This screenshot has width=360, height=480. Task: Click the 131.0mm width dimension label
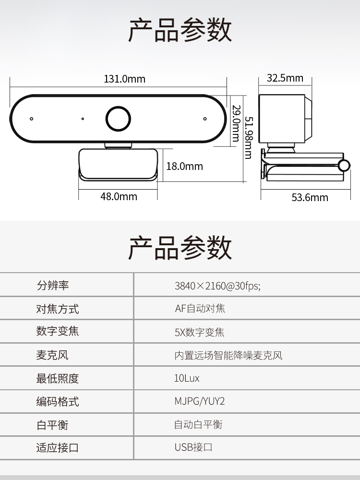click(x=125, y=79)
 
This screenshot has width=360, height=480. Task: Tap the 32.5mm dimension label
click(x=285, y=78)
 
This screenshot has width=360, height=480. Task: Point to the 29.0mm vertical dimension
click(x=236, y=123)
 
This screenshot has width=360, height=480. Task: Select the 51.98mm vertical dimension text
click(x=249, y=138)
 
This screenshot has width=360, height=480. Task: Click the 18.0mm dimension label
click(x=185, y=166)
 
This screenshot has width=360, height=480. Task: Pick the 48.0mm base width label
click(x=119, y=196)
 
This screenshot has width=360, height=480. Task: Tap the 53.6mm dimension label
click(x=310, y=197)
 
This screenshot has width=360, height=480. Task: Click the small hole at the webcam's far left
click(x=31, y=119)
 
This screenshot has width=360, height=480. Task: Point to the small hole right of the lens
click(x=205, y=119)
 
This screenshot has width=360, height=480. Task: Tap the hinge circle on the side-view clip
click(x=344, y=166)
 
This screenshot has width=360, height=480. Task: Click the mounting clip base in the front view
click(x=118, y=165)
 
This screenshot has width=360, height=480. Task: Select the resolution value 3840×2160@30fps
click(x=217, y=286)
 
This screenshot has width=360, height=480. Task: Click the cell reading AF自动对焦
click(x=200, y=308)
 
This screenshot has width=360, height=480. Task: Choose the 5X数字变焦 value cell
click(x=199, y=332)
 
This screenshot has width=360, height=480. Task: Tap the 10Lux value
click(x=187, y=378)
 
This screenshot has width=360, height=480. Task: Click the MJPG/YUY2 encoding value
click(x=200, y=401)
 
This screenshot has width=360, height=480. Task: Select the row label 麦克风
click(x=52, y=355)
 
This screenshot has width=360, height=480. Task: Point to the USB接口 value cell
click(x=193, y=447)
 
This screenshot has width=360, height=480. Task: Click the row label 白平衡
click(x=52, y=425)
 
